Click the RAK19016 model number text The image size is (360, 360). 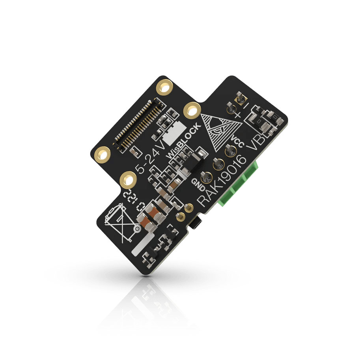[222, 181]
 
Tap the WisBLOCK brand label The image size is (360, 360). [183, 140]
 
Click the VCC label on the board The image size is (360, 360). [237, 140]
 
